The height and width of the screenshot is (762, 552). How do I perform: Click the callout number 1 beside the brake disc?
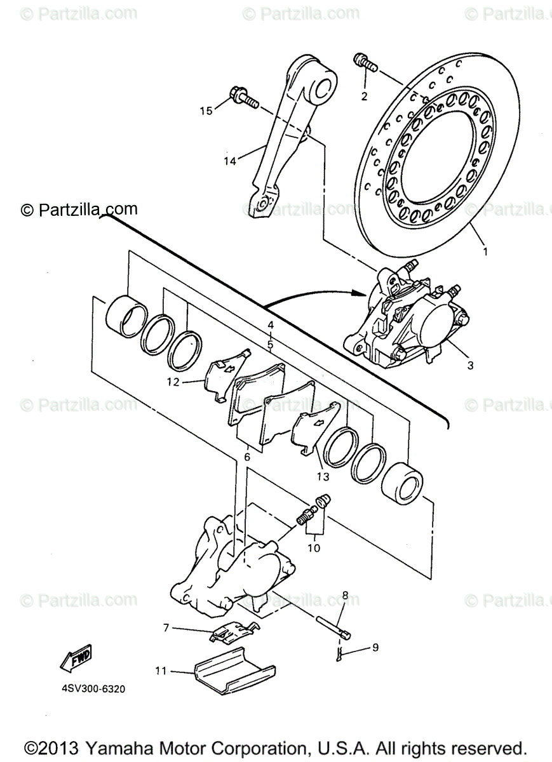485,251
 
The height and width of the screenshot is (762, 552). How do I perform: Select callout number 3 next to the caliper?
470,365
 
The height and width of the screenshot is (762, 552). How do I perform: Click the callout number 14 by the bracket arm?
229,161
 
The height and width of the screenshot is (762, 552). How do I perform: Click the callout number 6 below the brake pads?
247,456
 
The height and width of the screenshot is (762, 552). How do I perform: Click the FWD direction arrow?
76,658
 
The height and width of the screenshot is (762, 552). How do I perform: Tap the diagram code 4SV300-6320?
89,688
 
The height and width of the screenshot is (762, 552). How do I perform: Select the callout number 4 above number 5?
271,325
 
